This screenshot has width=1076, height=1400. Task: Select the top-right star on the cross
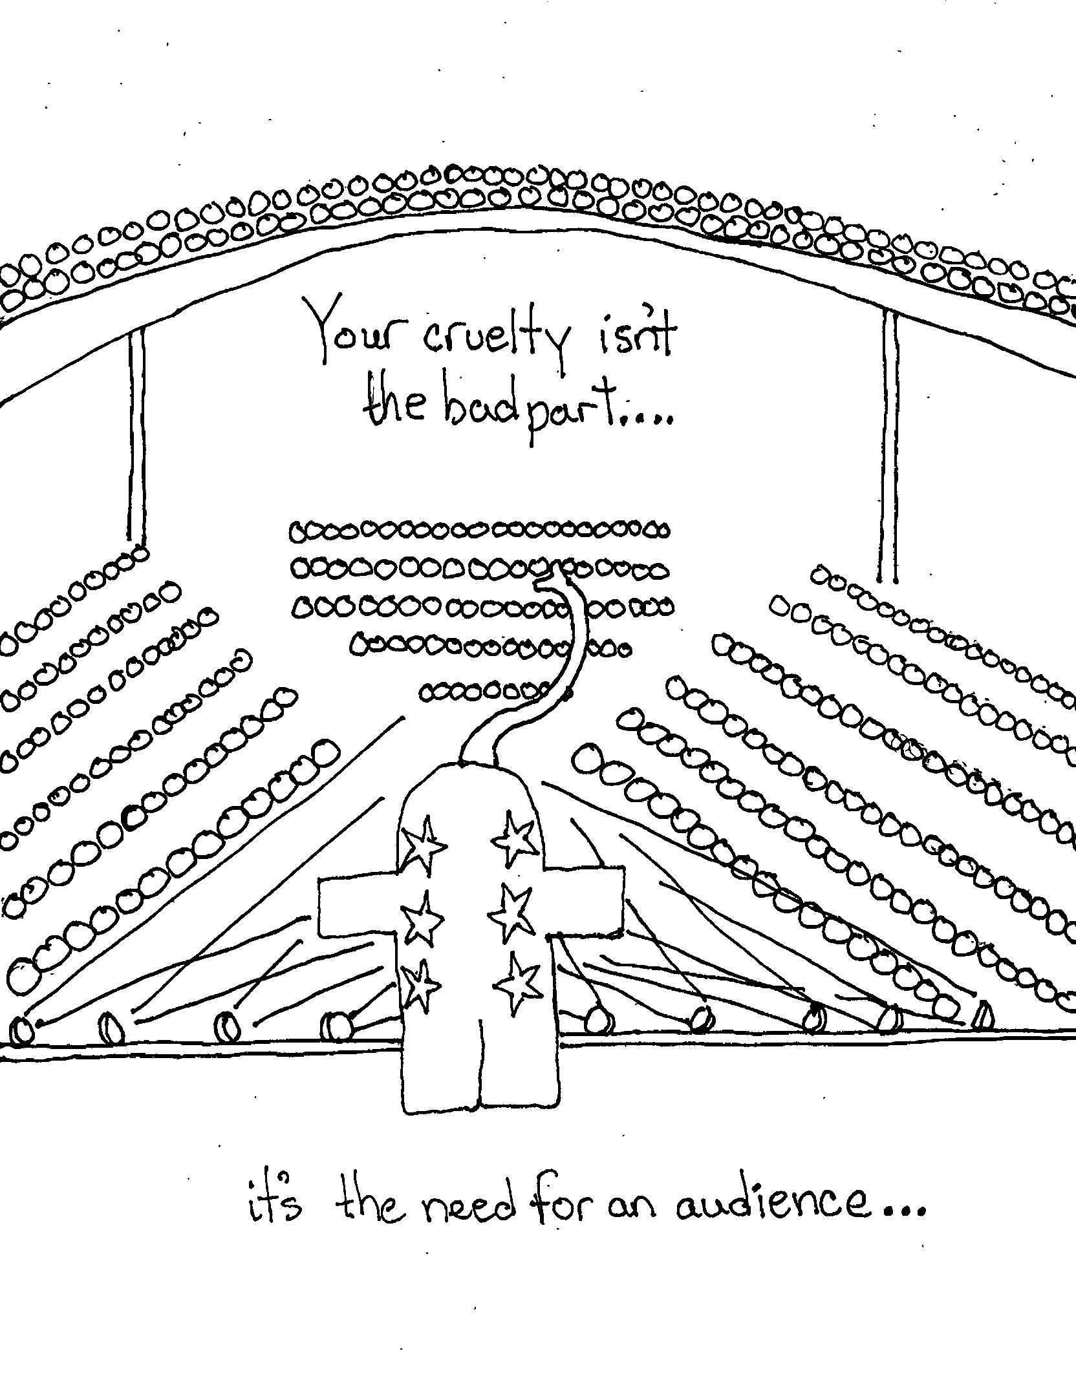[515, 838]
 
